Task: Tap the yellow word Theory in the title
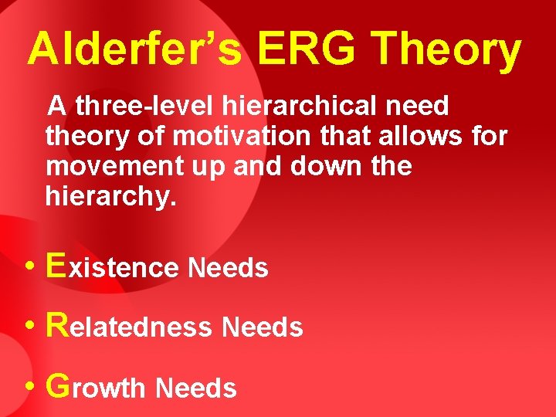click(447, 51)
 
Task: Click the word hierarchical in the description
click(297, 106)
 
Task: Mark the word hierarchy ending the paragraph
click(111, 197)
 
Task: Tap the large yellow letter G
click(59, 385)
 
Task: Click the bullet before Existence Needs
click(28, 267)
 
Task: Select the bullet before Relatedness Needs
click(28, 327)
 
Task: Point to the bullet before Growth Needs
click(28, 387)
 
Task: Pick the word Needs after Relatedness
click(263, 328)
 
